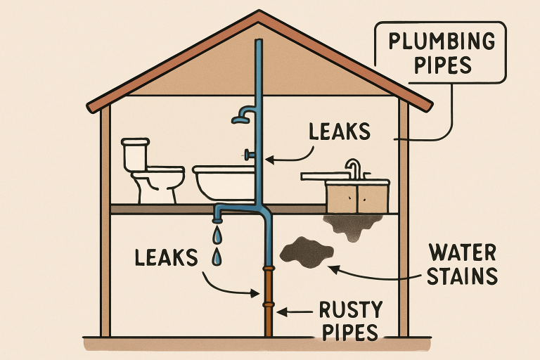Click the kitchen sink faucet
coord(352,169)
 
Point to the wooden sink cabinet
coord(357,198)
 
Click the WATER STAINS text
coord(461,263)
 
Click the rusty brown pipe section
coord(268,302)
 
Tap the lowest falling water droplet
coord(217,259)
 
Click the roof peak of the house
coord(258,13)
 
